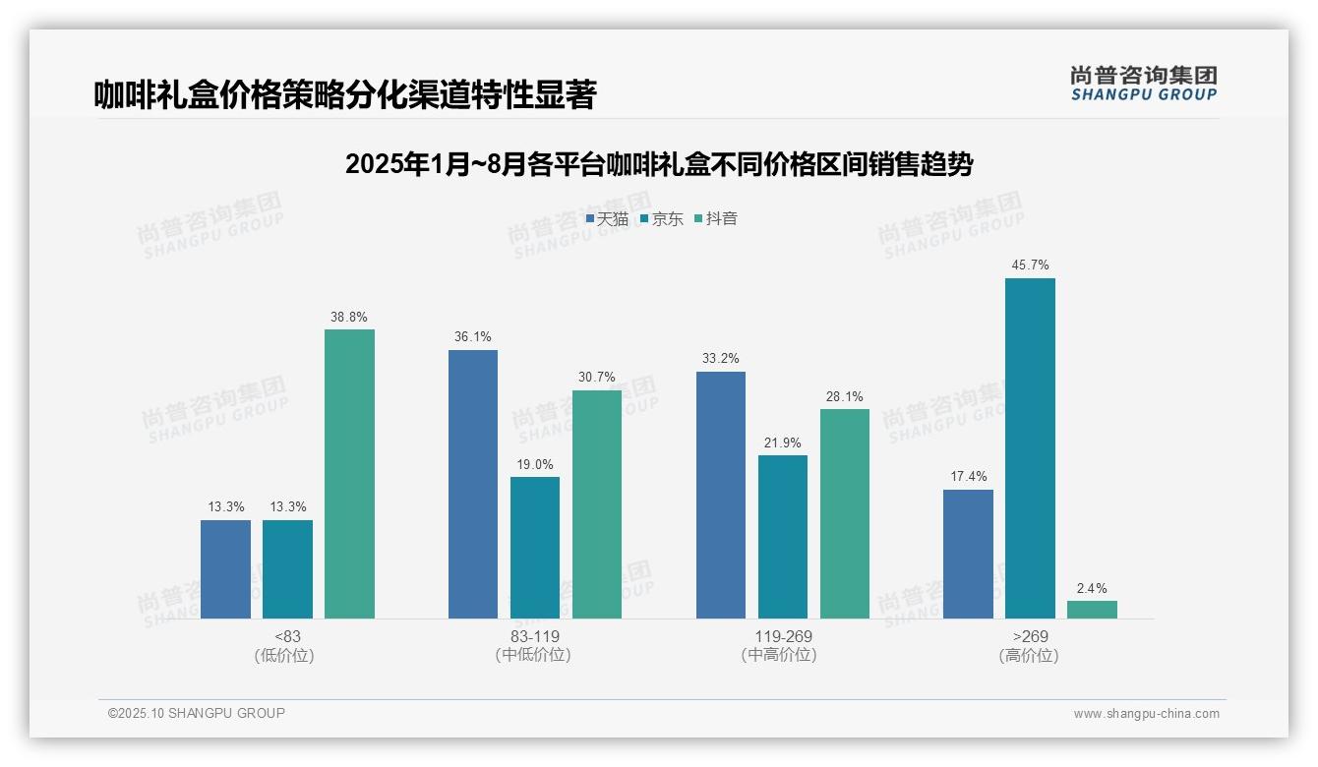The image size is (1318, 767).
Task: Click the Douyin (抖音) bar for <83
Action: click(349, 474)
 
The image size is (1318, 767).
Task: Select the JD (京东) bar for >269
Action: click(1030, 448)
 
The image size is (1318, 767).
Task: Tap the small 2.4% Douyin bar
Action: click(1092, 610)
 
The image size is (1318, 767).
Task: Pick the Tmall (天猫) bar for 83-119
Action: click(473, 484)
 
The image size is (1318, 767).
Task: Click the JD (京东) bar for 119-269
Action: click(783, 537)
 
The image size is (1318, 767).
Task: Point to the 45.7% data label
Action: click(1030, 265)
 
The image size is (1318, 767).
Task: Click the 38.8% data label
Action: click(349, 317)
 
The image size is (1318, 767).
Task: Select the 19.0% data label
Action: click(535, 464)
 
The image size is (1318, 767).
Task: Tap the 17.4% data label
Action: click(969, 477)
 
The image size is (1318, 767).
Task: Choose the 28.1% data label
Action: click(845, 397)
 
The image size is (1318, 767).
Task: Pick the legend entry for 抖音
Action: click(716, 219)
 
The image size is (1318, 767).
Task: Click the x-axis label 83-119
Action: click(535, 636)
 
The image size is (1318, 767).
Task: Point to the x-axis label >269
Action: click(1030, 636)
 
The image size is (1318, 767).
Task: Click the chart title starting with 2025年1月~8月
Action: click(659, 164)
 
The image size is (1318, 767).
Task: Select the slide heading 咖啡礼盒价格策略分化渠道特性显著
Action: click(345, 95)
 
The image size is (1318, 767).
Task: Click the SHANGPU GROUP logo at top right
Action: click(1144, 84)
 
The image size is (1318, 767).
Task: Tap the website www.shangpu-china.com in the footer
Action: click(1146, 714)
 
